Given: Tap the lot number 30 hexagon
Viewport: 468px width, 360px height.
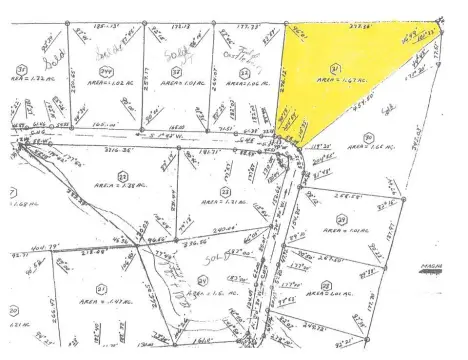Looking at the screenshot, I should click(x=368, y=139).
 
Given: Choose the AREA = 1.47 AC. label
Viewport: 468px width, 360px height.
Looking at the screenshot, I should click(x=99, y=286).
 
